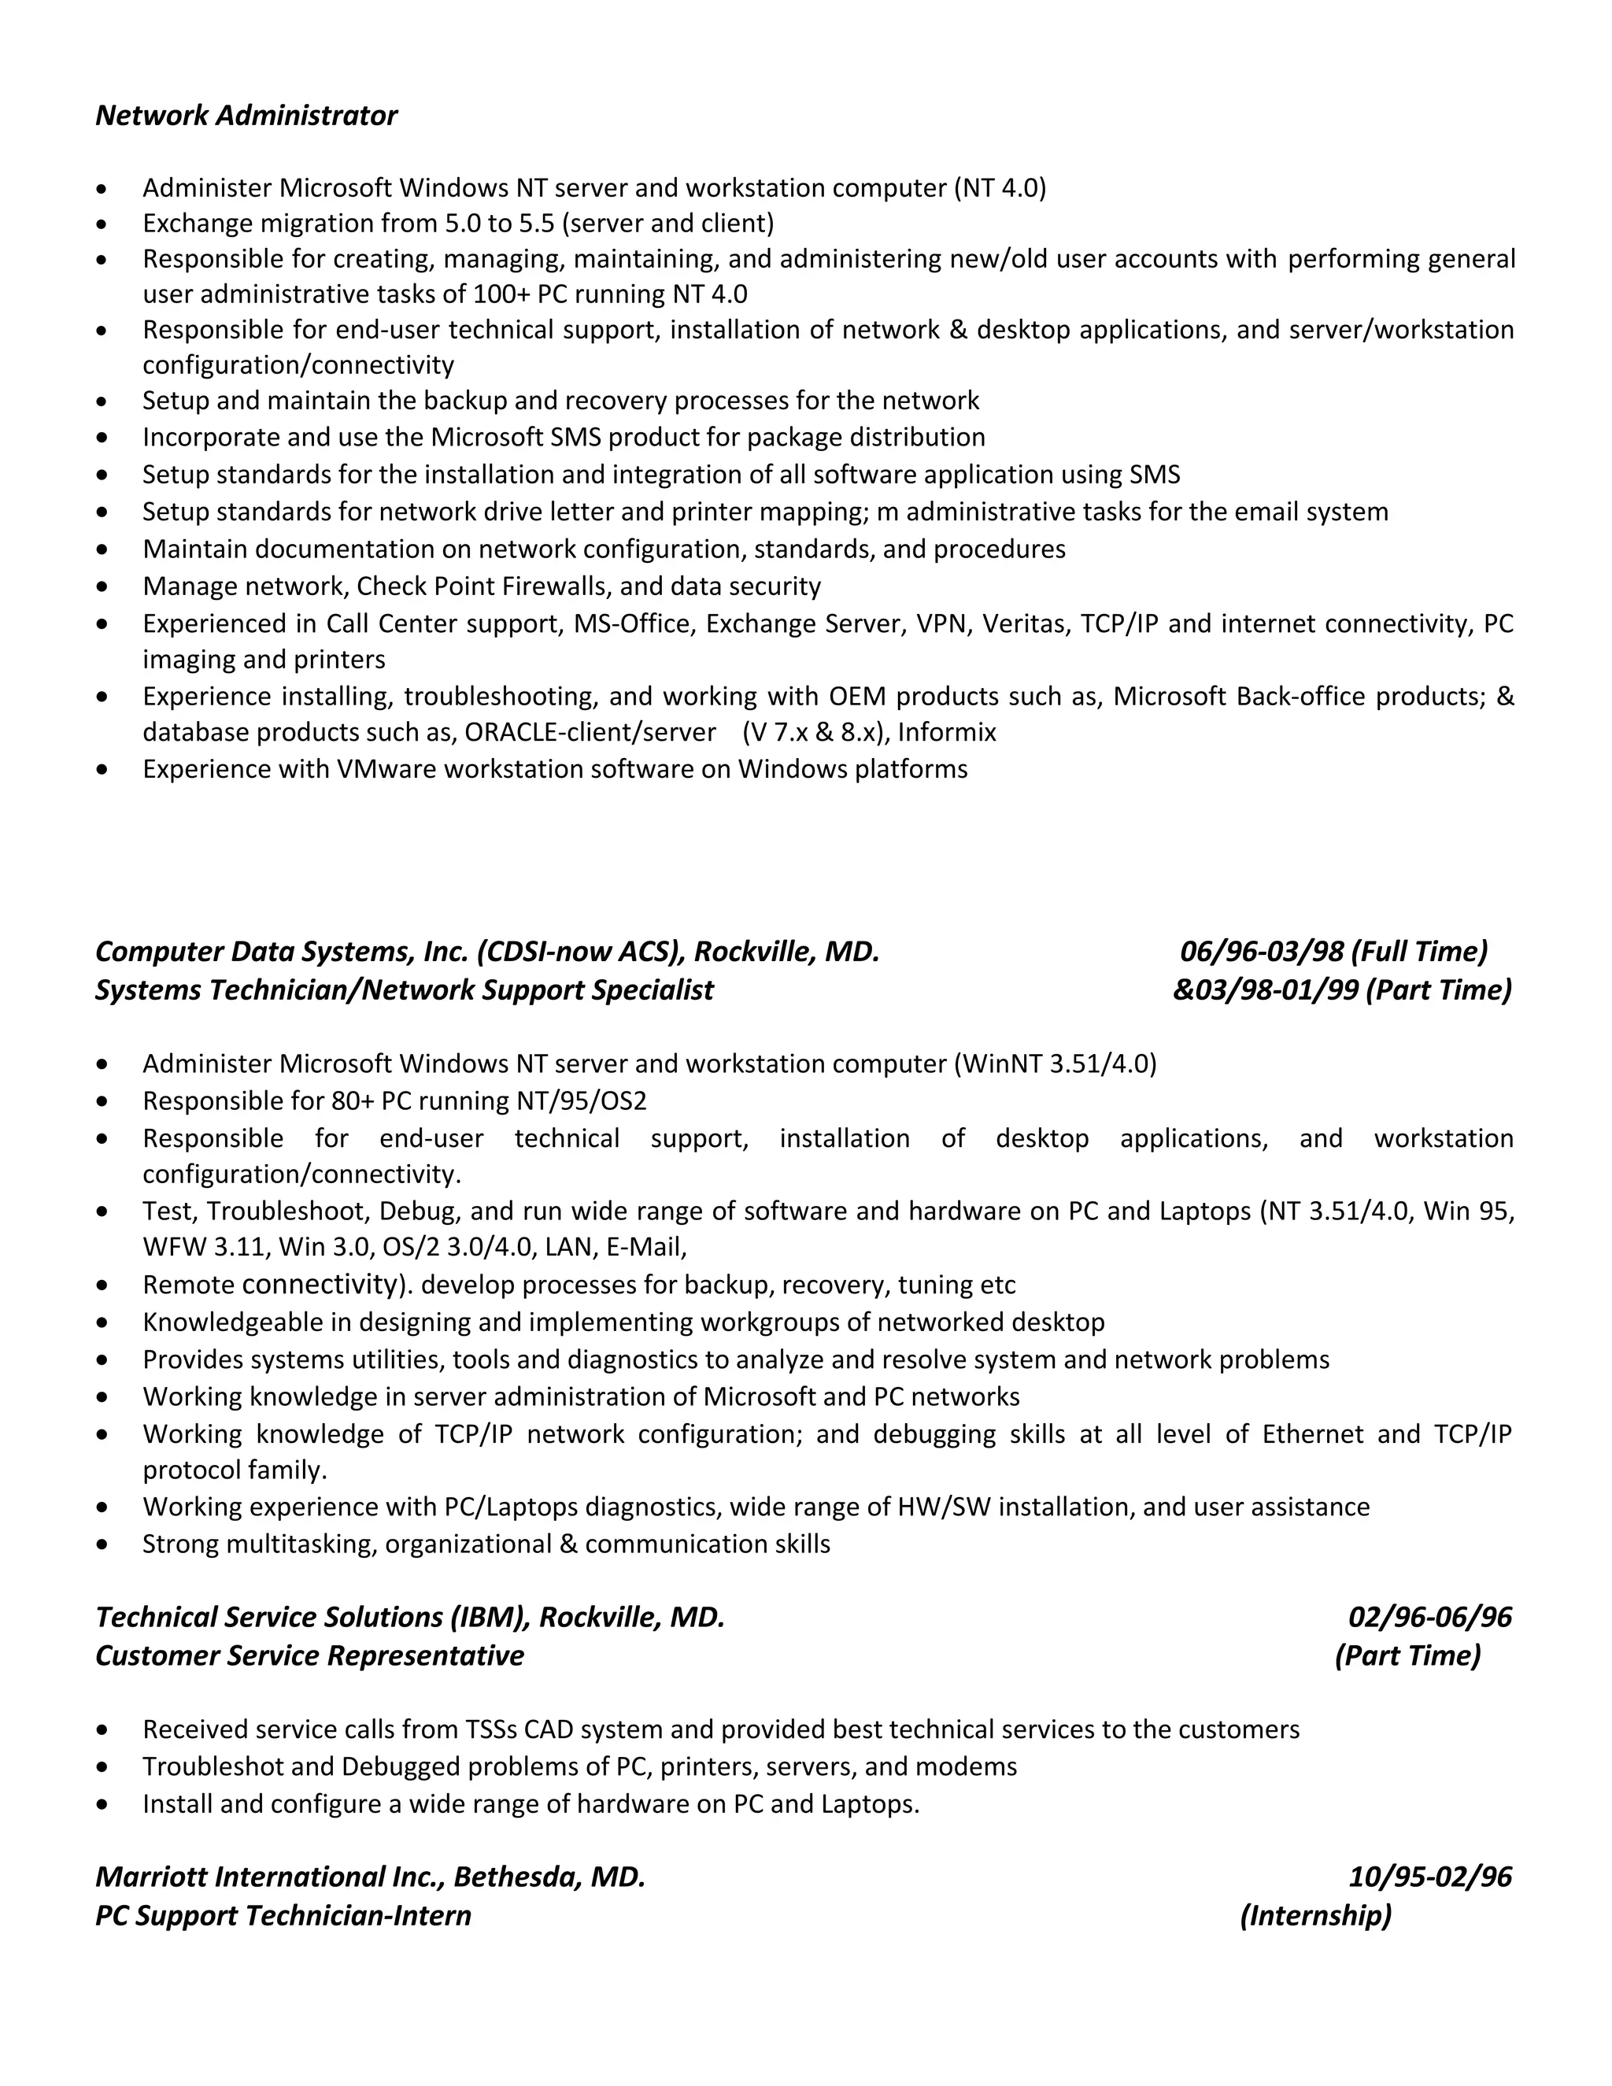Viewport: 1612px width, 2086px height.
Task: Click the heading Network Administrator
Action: pyautogui.click(x=246, y=116)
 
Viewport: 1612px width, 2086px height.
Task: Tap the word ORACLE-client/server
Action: pyautogui.click(x=590, y=733)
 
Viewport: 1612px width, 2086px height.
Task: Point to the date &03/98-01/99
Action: pyautogui.click(x=1266, y=989)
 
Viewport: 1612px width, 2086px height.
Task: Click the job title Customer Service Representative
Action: pyautogui.click(x=309, y=1655)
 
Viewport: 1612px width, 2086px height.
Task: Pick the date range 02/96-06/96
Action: pyautogui.click(x=1429, y=1617)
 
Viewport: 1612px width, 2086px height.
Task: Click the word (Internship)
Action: pyautogui.click(x=1315, y=1915)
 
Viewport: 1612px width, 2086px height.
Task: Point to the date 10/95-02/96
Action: pyautogui.click(x=1429, y=1877)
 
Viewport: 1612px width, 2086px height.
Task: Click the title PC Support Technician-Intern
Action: pyautogui.click(x=283, y=1915)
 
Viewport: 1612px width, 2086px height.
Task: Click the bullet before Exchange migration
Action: pyautogui.click(x=102, y=224)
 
